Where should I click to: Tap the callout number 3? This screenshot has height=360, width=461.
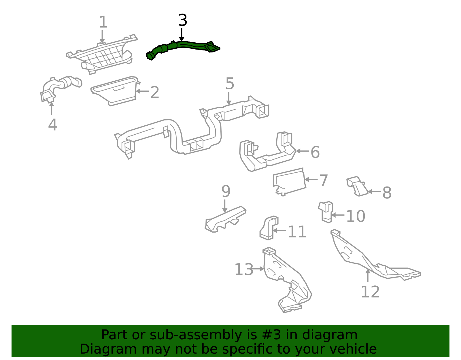click(183, 20)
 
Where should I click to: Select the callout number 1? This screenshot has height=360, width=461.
click(103, 22)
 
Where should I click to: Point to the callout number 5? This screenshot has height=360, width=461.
click(230, 83)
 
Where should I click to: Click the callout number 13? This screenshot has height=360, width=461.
click(244, 269)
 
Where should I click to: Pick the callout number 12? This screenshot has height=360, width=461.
click(370, 292)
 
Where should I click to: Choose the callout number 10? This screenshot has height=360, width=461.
click(356, 216)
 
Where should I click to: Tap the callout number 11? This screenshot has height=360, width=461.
click(297, 232)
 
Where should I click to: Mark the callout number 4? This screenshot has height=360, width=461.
click(53, 125)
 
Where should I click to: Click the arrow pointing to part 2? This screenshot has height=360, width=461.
click(142, 91)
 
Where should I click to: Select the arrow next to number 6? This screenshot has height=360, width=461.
click(302, 151)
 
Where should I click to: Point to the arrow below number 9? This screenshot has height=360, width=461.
click(225, 206)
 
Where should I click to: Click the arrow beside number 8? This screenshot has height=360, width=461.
click(374, 192)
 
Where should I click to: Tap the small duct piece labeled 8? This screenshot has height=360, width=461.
click(357, 186)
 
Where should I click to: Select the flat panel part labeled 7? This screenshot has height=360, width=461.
click(289, 182)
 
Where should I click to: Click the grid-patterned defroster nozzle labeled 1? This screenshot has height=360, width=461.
click(102, 54)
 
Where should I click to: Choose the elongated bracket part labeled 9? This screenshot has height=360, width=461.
click(225, 220)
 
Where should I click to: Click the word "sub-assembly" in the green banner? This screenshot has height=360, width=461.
click(196, 335)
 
